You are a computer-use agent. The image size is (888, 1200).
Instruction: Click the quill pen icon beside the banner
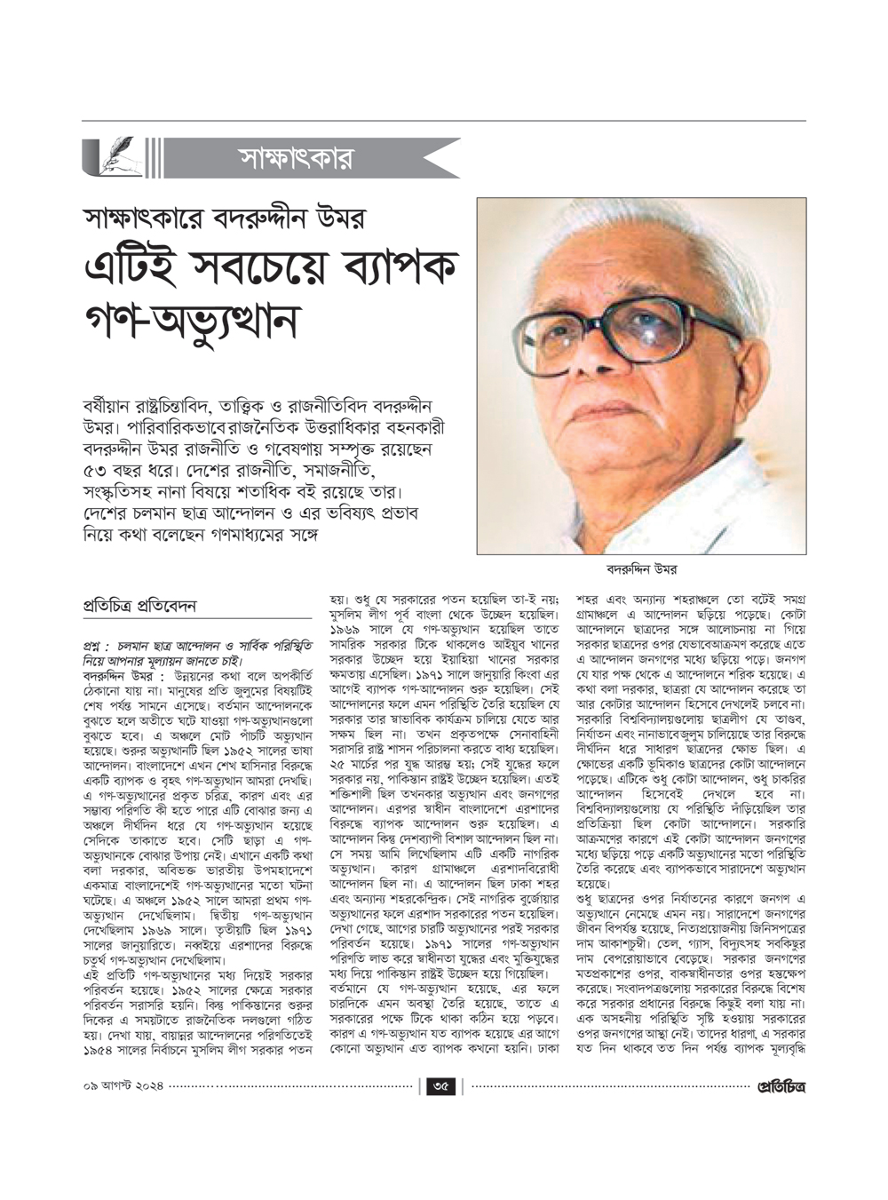113,158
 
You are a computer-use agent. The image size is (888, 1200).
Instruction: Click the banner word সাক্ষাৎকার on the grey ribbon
297,158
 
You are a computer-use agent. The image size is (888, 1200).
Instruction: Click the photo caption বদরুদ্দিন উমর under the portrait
641,569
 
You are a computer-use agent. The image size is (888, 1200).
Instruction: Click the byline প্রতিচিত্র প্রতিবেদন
139,606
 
